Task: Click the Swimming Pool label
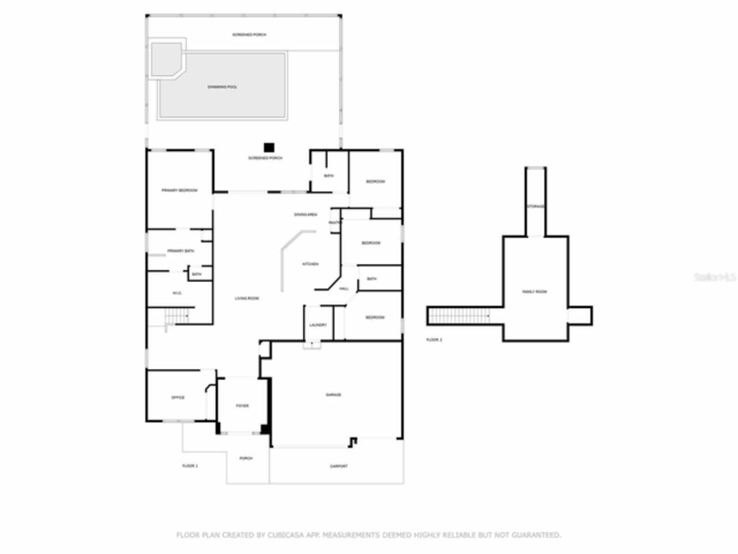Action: [x=223, y=87]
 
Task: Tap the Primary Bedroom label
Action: [x=179, y=190]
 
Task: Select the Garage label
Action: [x=333, y=395]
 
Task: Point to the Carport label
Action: [x=338, y=466]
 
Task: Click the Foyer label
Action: [x=242, y=406]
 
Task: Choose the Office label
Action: [x=178, y=398]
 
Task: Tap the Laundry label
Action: [x=318, y=325]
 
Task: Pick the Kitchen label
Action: [x=310, y=264]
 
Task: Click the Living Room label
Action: [x=247, y=298]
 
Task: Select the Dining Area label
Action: [x=306, y=215]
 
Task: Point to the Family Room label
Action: [x=534, y=292]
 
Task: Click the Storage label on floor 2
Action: [x=536, y=206]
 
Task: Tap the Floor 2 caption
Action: [x=434, y=340]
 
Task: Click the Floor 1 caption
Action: [x=190, y=466]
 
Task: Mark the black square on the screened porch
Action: [x=269, y=148]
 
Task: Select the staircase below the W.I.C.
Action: [x=178, y=317]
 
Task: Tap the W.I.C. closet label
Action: [x=177, y=293]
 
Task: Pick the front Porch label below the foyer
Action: [x=246, y=458]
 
